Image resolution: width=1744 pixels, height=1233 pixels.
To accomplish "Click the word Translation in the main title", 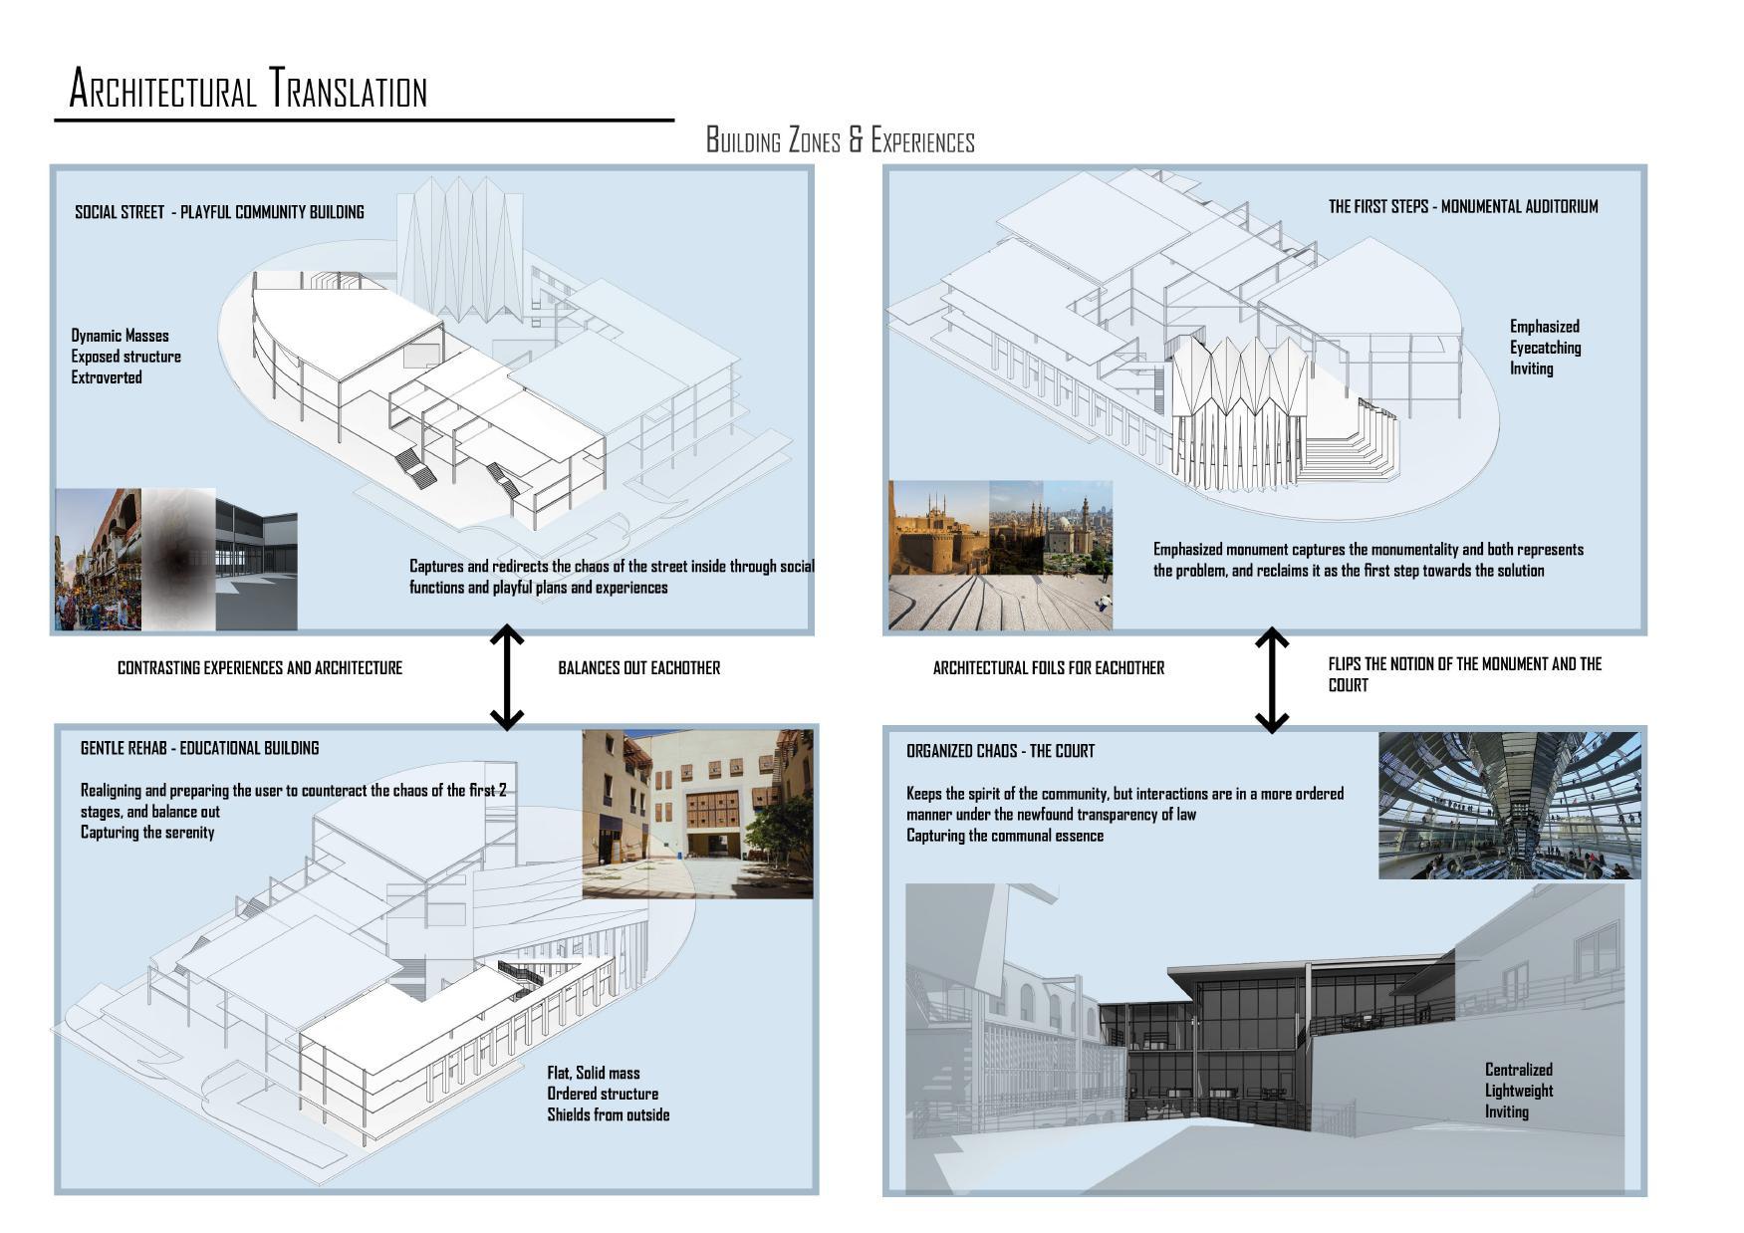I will click(x=349, y=90).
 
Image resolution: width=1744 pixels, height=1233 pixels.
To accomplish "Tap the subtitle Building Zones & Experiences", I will click(x=840, y=140).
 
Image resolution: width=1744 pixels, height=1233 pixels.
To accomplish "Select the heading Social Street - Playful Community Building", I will click(x=219, y=212).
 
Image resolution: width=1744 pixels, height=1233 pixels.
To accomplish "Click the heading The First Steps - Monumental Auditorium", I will click(x=1462, y=207).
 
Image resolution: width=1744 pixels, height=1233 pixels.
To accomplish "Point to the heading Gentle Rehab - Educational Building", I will click(x=199, y=748).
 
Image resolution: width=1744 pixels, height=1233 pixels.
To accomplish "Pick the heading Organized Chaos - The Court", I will click(x=1000, y=751).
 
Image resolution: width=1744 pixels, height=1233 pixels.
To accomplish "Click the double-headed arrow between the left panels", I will click(x=507, y=677).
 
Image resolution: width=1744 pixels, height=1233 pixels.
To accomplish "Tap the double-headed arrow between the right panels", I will click(x=1272, y=679).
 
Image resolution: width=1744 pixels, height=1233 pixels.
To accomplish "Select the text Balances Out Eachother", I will click(x=638, y=668).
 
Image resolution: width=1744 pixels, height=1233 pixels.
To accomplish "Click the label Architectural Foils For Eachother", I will click(x=1048, y=668).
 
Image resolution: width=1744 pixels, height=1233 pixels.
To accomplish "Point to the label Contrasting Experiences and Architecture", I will click(x=259, y=668).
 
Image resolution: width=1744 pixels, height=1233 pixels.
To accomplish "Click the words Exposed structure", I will click(x=125, y=357).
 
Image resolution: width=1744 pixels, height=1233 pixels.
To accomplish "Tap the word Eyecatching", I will click(x=1545, y=348).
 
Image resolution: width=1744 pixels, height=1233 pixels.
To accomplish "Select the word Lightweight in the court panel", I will click(x=1518, y=1091).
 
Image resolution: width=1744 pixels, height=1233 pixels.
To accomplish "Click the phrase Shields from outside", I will click(x=608, y=1114).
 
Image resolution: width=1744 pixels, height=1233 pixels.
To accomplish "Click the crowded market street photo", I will click(x=98, y=560).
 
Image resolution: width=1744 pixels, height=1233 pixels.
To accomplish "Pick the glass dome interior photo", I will click(x=1508, y=805).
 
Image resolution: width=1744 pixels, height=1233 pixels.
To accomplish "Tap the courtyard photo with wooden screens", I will click(x=697, y=813).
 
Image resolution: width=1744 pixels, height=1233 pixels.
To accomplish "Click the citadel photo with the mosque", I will click(x=938, y=528).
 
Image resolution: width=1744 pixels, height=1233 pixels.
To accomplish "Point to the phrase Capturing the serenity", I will click(x=147, y=833).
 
